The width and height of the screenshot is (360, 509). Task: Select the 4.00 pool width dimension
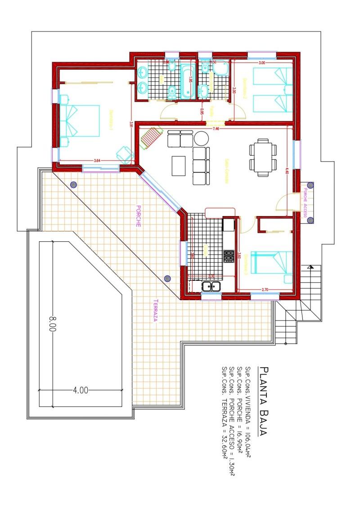coord(80,390)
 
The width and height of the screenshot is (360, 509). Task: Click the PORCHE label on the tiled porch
coord(139,216)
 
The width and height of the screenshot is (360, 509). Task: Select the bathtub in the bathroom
coord(188,81)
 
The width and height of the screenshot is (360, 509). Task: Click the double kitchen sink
coord(211,286)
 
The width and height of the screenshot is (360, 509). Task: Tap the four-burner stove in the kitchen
coord(229,256)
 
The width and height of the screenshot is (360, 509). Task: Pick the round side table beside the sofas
coord(201,138)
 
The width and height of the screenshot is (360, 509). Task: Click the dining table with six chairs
coord(262,156)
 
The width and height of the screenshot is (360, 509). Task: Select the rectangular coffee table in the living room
coord(178,166)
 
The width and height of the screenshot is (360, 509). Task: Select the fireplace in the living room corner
coord(151,137)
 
